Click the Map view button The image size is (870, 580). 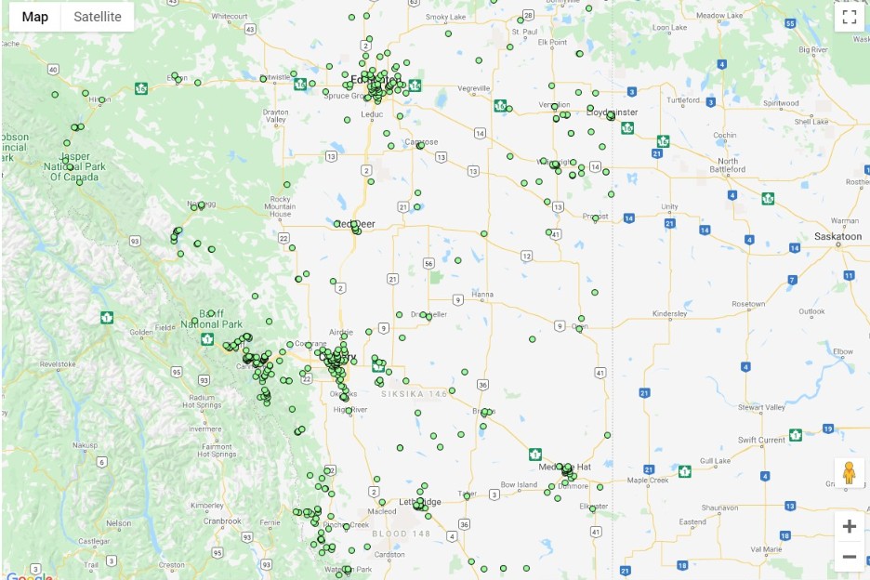tap(35, 17)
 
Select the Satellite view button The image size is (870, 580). tap(98, 17)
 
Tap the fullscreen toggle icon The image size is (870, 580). tap(849, 17)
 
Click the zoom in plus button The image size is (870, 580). tap(849, 526)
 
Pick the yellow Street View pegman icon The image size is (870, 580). tap(848, 473)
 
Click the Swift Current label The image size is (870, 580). tap(761, 440)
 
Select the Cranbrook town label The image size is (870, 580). tap(222, 521)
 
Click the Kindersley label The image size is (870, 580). tap(669, 314)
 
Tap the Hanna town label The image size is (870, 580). tap(482, 295)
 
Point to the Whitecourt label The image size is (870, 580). tap(229, 17)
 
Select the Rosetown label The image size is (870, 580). tap(747, 304)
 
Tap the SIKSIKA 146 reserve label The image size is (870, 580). tap(419, 394)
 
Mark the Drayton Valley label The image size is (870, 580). tap(276, 115)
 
